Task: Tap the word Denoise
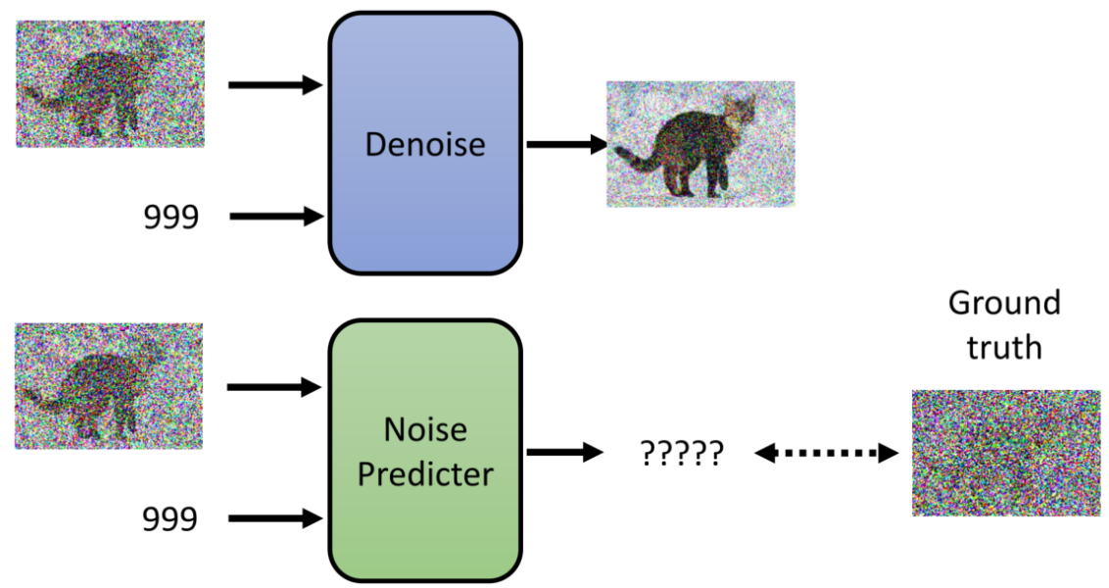click(424, 145)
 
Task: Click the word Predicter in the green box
click(424, 474)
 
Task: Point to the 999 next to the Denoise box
click(170, 217)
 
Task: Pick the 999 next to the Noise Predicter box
click(170, 518)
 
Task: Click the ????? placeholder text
click(682, 453)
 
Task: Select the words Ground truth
click(1003, 323)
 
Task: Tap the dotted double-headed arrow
click(826, 453)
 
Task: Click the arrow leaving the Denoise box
click(566, 145)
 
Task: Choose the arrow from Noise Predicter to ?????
click(563, 452)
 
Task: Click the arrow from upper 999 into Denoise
click(275, 217)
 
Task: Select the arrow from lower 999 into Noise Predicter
click(275, 518)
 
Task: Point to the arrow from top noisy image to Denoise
click(275, 85)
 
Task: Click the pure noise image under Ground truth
click(1003, 453)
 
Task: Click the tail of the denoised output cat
click(633, 156)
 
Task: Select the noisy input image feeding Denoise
click(110, 83)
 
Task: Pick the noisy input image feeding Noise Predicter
click(109, 386)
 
